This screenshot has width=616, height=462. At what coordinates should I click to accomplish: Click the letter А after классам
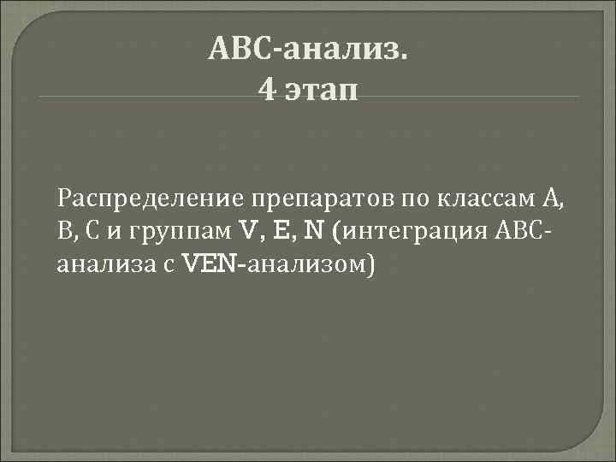pos(553,200)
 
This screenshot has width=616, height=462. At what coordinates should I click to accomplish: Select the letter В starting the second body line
pos(63,232)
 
